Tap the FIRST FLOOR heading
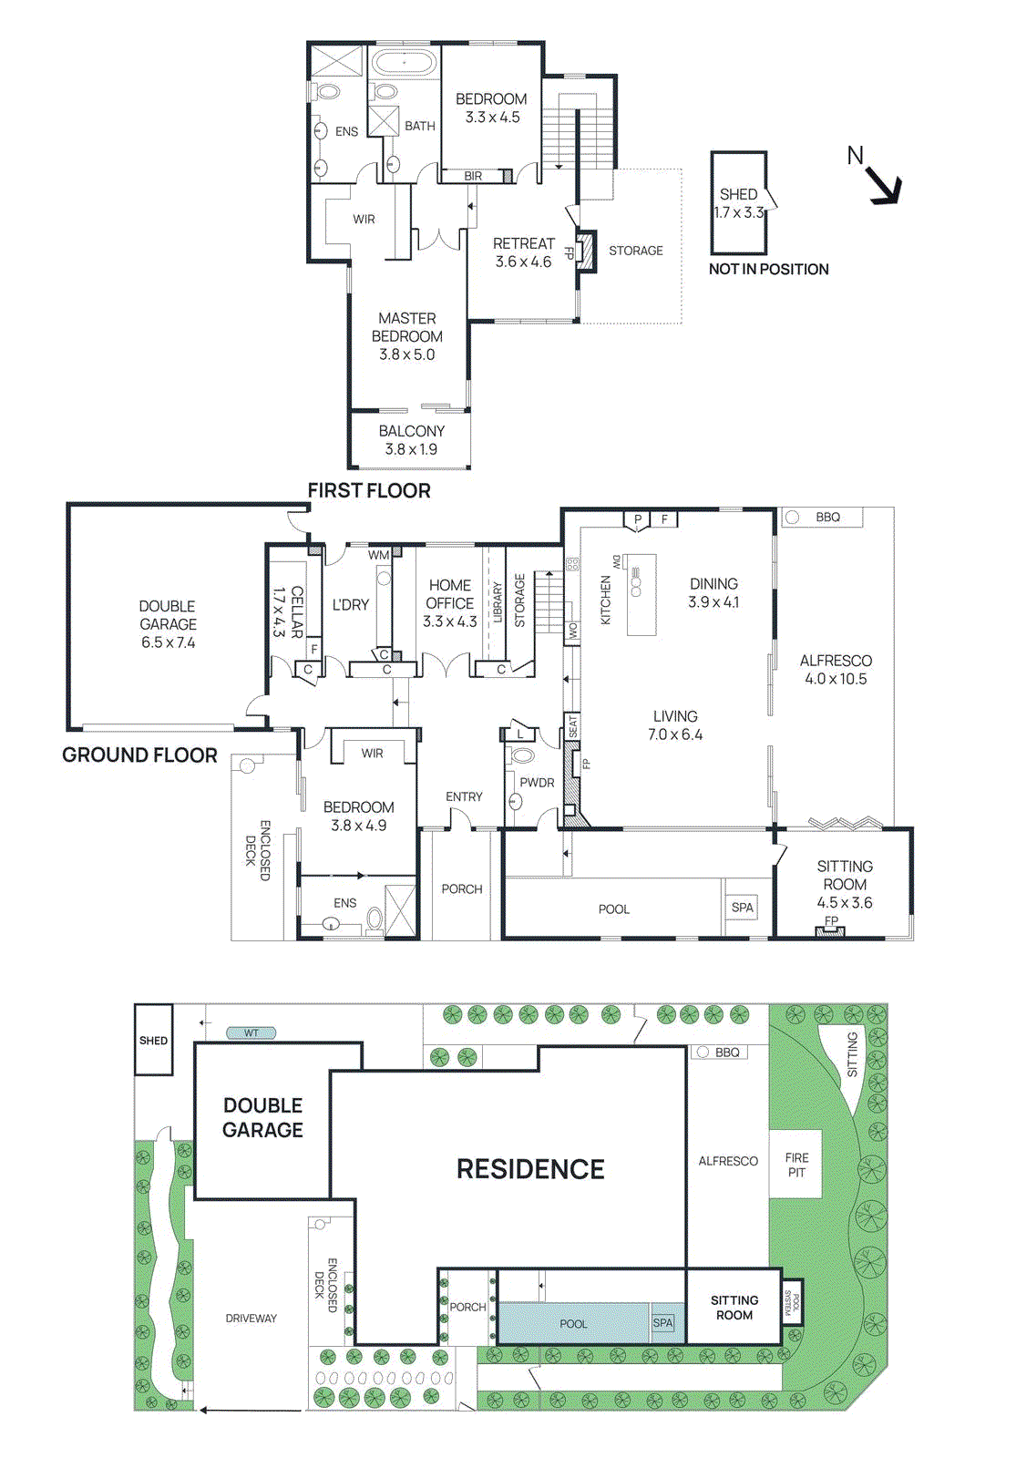[x=368, y=491]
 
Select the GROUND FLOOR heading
[x=139, y=755]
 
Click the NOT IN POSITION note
[x=768, y=270]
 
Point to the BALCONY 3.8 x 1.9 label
[x=411, y=440]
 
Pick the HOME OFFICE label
[x=450, y=594]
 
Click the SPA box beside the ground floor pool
[x=743, y=908]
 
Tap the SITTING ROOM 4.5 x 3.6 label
[x=844, y=884]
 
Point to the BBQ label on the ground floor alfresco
[x=827, y=518]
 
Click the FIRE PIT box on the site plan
[x=796, y=1165]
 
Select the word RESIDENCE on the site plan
[x=530, y=1169]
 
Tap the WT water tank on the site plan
[x=251, y=1033]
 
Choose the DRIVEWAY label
[x=251, y=1319]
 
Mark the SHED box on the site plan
[x=153, y=1040]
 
